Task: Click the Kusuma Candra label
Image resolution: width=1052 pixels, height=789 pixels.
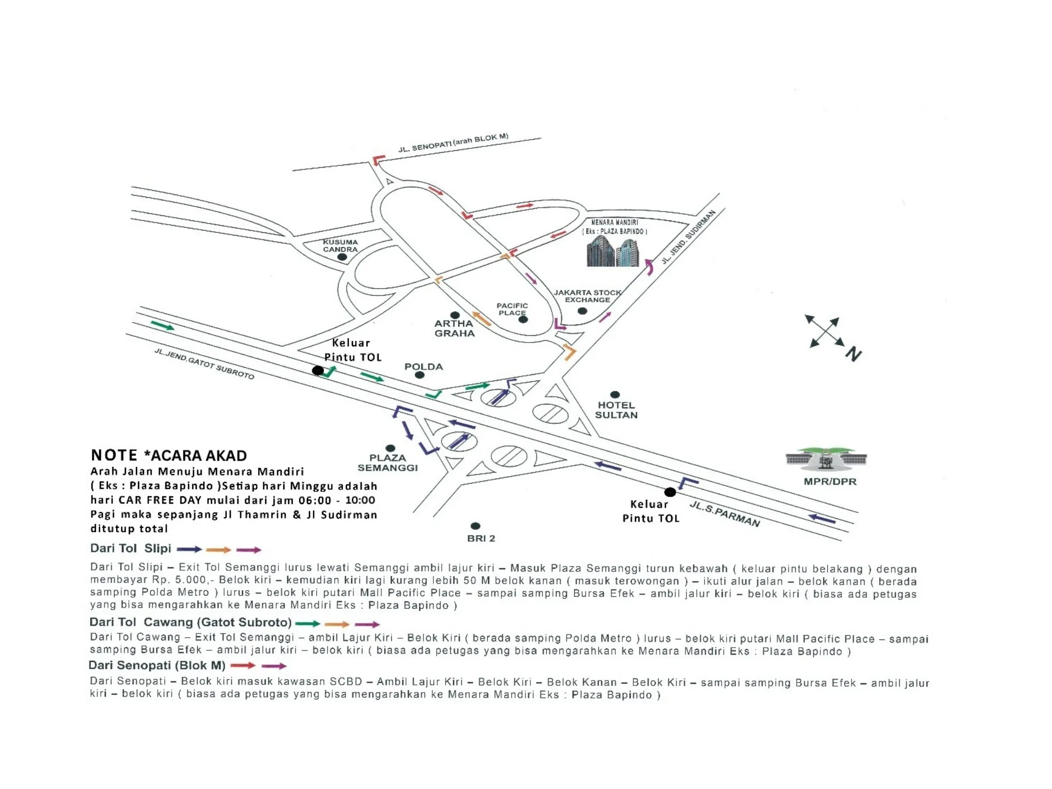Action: point(340,245)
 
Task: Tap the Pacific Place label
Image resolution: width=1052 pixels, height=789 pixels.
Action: point(512,309)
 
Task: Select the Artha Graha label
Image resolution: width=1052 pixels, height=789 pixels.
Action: point(454,328)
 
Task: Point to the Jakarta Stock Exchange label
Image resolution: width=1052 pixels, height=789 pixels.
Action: point(587,296)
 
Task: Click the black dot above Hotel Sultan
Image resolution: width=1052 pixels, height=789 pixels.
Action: point(615,395)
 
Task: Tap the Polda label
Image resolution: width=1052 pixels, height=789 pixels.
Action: point(424,367)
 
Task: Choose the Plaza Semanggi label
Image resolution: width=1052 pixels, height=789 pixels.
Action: point(387,462)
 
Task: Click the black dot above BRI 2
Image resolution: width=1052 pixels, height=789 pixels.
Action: point(476,526)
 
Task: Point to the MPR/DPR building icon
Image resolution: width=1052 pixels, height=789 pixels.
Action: point(826,459)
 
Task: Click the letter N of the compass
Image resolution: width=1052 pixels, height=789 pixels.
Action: point(854,355)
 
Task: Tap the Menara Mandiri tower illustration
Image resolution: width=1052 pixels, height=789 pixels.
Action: point(613,251)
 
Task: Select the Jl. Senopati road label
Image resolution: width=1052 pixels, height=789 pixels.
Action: point(453,143)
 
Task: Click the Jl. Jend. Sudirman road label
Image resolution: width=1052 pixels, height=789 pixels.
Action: point(688,237)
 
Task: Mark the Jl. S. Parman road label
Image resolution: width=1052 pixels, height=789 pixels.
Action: point(724,514)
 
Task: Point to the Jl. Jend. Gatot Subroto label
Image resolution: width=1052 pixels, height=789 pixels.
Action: point(204,364)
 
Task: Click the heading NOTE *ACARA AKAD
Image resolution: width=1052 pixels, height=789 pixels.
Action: point(169,455)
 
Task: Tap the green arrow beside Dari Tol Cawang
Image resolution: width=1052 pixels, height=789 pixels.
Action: point(307,624)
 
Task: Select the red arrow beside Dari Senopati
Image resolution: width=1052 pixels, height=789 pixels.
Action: point(243,666)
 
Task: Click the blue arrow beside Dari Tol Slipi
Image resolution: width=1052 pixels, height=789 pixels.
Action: point(189,549)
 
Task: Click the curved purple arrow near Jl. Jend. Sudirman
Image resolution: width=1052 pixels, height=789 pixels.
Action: point(649,267)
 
